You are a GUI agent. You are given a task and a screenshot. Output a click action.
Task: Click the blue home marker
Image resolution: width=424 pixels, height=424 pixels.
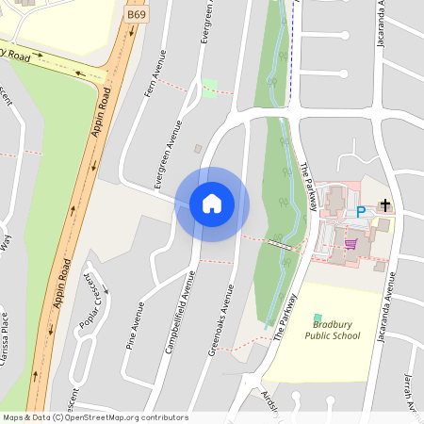[x=212, y=204]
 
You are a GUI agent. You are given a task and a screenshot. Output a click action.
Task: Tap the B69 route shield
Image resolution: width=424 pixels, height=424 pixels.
[x=135, y=16]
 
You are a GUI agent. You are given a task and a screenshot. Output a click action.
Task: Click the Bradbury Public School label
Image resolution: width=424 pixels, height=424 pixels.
[x=332, y=330]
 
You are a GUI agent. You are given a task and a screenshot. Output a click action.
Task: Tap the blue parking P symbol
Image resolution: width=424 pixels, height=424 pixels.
[x=360, y=213]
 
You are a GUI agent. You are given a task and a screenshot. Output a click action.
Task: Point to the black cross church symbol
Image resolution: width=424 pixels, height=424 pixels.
[x=384, y=205]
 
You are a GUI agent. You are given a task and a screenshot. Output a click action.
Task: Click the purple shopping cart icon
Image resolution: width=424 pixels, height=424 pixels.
[x=351, y=243]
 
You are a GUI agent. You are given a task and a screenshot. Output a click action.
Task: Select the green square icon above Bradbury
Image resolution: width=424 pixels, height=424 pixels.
[x=318, y=318]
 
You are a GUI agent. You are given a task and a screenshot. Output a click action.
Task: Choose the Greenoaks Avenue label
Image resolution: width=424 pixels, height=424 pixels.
[x=220, y=322]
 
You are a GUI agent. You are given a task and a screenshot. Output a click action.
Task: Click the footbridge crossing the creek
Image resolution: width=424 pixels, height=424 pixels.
[x=279, y=244]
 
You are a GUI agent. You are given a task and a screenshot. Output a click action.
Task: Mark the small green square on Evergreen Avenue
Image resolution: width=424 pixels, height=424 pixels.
[x=209, y=88]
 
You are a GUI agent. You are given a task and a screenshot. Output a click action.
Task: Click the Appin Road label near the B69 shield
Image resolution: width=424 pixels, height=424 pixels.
[x=106, y=110]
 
